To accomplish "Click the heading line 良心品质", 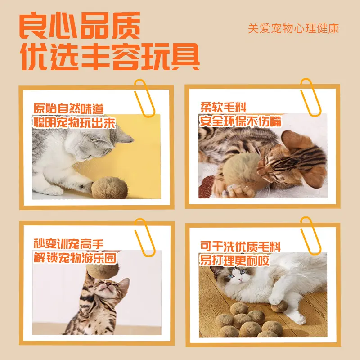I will (80, 26).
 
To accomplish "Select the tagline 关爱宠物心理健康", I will (293, 28).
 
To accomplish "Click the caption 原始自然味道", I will (68, 108).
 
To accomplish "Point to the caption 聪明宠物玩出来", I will (74, 122).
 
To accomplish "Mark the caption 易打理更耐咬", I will (234, 260).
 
